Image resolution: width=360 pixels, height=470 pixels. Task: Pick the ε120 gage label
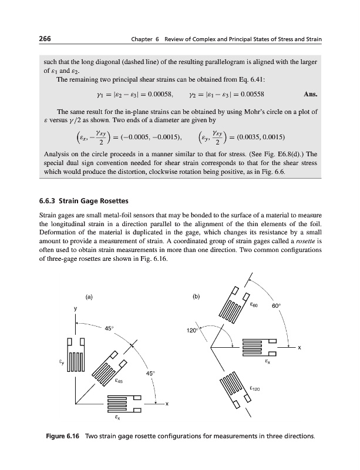(255, 388)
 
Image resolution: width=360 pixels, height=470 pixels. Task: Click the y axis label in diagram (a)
(75, 308)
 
